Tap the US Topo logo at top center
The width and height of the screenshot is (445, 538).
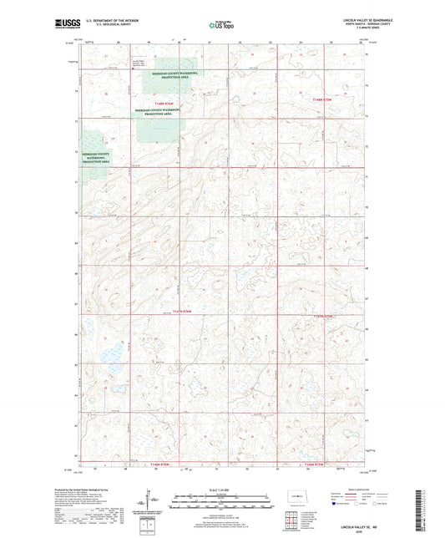point(222,25)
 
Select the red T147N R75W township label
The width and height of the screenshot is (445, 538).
point(322,317)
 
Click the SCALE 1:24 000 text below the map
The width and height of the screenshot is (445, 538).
point(222,490)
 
